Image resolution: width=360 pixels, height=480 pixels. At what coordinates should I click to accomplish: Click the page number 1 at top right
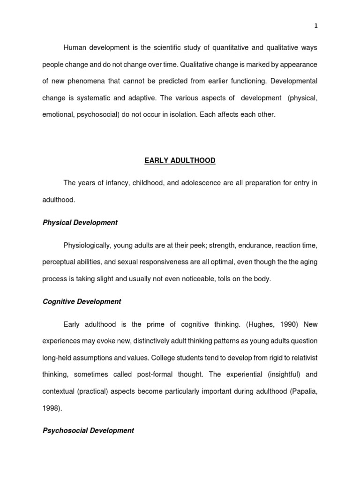(x=316, y=26)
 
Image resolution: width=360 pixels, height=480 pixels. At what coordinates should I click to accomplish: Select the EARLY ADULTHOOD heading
(x=180, y=160)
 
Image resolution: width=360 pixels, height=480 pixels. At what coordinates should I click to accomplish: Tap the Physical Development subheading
(x=80, y=223)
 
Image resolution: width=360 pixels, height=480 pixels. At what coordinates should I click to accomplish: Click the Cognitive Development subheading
(x=82, y=302)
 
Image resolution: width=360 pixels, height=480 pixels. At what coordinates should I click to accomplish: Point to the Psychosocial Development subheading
(x=89, y=430)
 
